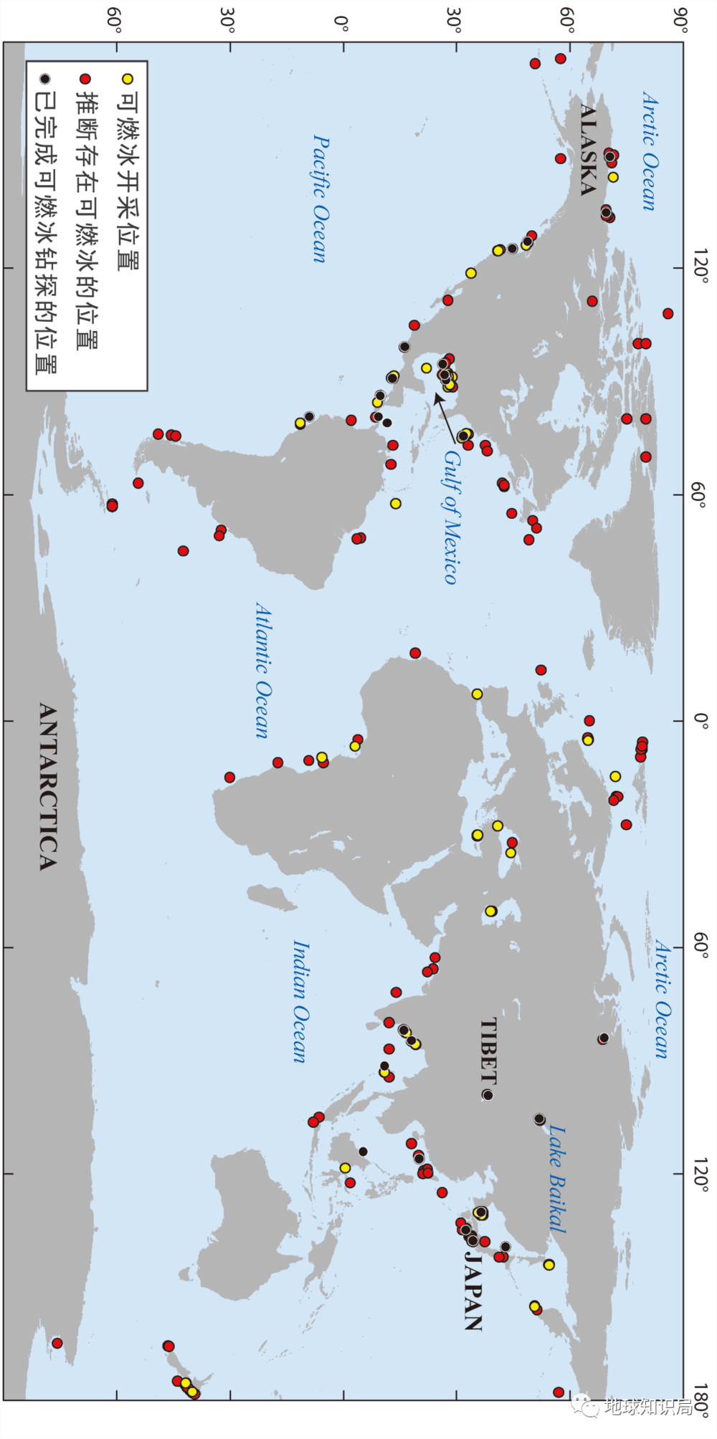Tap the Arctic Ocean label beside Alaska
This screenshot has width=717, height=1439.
pyautogui.click(x=649, y=150)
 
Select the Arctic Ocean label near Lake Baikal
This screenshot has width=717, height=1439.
pyautogui.click(x=662, y=999)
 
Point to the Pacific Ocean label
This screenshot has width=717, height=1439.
pyautogui.click(x=321, y=199)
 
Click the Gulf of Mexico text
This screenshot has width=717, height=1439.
pyautogui.click(x=451, y=516)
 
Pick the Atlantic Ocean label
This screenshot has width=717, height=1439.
pyautogui.click(x=263, y=669)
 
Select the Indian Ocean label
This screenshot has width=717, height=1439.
pyautogui.click(x=300, y=1001)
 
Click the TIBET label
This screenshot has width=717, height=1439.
pyautogui.click(x=488, y=1049)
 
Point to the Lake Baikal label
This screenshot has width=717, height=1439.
pyautogui.click(x=557, y=1179)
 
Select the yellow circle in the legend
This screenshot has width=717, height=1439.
pyautogui.click(x=128, y=79)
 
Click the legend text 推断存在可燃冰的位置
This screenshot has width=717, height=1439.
pyautogui.click(x=87, y=219)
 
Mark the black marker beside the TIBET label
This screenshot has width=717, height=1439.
pyautogui.click(x=488, y=1095)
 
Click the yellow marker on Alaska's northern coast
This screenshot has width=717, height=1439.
pyautogui.click(x=613, y=176)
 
